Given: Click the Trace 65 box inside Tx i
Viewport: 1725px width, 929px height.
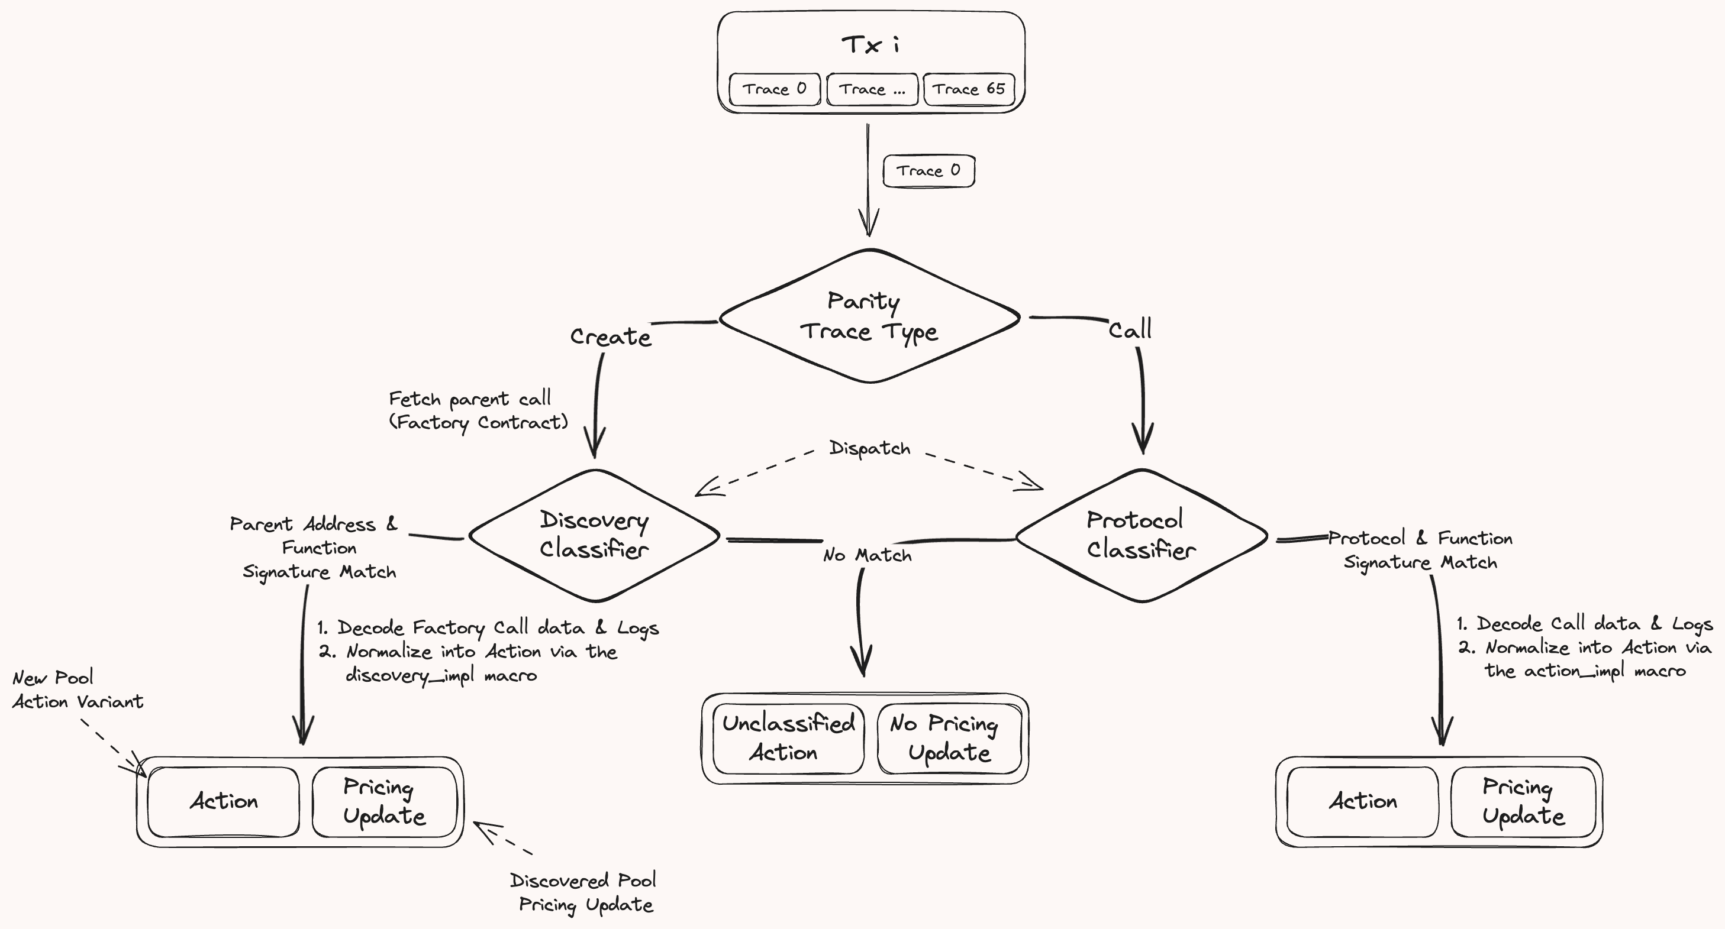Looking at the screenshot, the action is (x=969, y=90).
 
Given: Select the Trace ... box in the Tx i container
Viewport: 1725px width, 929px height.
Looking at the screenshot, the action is (x=872, y=90).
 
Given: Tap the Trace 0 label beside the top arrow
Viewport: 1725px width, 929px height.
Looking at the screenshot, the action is (x=929, y=171).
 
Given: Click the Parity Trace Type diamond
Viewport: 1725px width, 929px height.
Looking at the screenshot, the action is (x=869, y=316).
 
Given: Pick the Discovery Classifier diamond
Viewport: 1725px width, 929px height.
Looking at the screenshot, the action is (x=595, y=535).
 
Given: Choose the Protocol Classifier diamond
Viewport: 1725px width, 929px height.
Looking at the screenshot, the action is (x=1142, y=535).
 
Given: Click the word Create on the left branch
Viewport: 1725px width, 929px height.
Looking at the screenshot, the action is (x=611, y=336).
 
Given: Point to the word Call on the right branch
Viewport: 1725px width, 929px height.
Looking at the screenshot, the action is (x=1130, y=329).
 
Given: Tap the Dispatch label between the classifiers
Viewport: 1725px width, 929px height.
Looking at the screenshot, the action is (x=870, y=448).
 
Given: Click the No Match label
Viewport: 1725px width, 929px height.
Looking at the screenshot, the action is (x=867, y=555).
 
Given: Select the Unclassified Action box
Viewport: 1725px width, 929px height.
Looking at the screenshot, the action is (x=788, y=738).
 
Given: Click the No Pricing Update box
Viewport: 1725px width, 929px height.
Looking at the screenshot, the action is (x=949, y=738).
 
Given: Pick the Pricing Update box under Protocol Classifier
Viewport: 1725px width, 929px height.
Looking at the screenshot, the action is (x=1523, y=802).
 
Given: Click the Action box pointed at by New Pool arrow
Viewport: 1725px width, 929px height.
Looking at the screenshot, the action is (x=224, y=802).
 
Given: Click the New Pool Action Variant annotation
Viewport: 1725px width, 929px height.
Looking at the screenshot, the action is (x=78, y=690).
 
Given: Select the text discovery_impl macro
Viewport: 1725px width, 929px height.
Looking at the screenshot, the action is (x=441, y=675).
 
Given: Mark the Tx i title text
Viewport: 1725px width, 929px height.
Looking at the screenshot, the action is (x=870, y=45).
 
